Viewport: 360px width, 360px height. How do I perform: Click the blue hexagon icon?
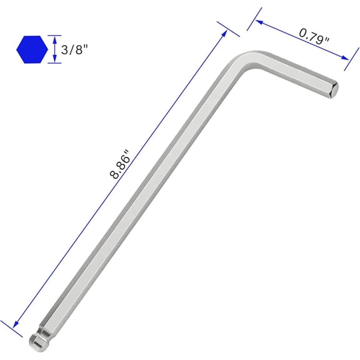(32, 49)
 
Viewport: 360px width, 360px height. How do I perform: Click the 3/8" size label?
(74, 49)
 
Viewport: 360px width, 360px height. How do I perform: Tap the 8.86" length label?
(120, 164)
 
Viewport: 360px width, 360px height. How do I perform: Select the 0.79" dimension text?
(314, 36)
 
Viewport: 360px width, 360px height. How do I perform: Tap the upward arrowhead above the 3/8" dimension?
(54, 39)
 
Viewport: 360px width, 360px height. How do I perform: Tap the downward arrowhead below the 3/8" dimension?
(54, 59)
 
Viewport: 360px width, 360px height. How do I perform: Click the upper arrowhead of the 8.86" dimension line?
(224, 34)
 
